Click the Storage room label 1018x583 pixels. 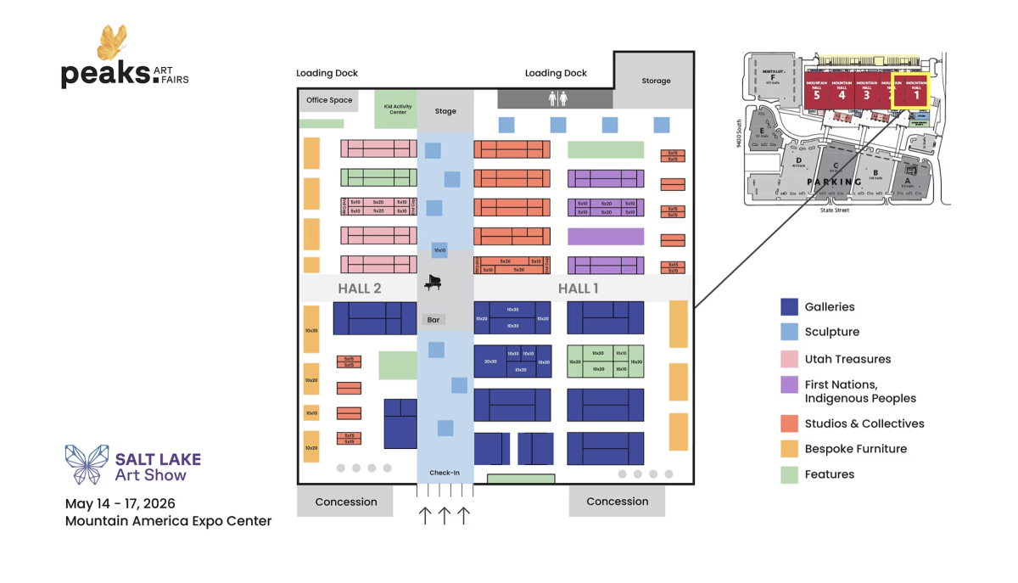click(x=656, y=81)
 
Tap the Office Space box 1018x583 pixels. click(x=329, y=100)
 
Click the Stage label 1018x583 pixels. click(x=445, y=111)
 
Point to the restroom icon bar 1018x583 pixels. click(x=554, y=98)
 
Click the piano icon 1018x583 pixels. click(x=433, y=283)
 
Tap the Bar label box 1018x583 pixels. click(x=433, y=320)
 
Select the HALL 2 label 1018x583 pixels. click(x=360, y=289)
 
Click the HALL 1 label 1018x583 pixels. click(x=578, y=289)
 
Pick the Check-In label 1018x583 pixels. click(x=445, y=474)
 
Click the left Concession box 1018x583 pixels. click(x=345, y=502)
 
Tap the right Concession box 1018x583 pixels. click(x=617, y=502)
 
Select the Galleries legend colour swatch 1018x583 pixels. click(x=789, y=307)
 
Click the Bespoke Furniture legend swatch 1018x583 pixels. click(x=789, y=449)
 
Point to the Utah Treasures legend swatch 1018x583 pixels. click(x=789, y=359)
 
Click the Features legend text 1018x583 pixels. click(x=829, y=474)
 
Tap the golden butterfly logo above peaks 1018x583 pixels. click(x=112, y=43)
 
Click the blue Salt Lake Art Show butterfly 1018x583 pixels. click(x=87, y=464)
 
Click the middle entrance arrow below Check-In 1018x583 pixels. click(x=444, y=515)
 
